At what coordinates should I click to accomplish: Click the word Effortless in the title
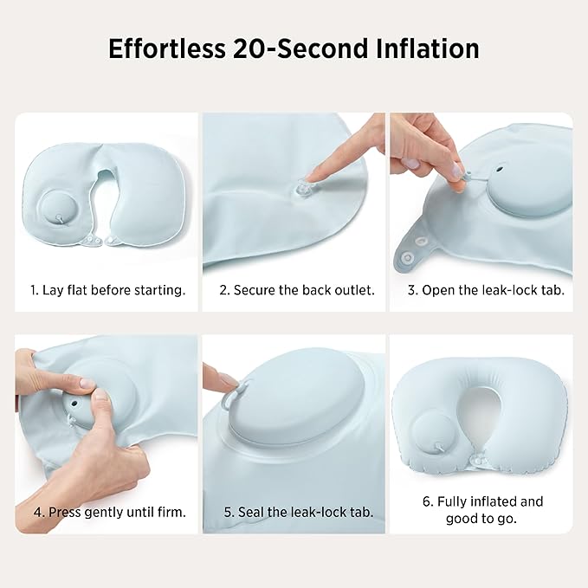point(167,48)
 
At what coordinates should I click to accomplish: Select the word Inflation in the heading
point(427,48)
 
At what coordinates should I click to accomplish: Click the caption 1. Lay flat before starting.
point(108,290)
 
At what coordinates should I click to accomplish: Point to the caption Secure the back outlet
point(304,290)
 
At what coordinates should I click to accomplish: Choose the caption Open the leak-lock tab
point(493,290)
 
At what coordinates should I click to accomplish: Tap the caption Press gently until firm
point(117,512)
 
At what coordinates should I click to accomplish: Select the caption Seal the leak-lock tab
point(306,512)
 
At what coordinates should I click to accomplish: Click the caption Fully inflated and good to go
point(483,510)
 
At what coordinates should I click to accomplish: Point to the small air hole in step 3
point(499,170)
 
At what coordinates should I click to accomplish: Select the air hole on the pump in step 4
point(74,404)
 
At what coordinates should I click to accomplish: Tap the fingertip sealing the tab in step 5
point(229,381)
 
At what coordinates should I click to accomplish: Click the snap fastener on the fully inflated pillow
point(478,458)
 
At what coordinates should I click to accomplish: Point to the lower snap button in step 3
point(406,258)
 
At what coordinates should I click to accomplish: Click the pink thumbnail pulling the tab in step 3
point(456,171)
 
